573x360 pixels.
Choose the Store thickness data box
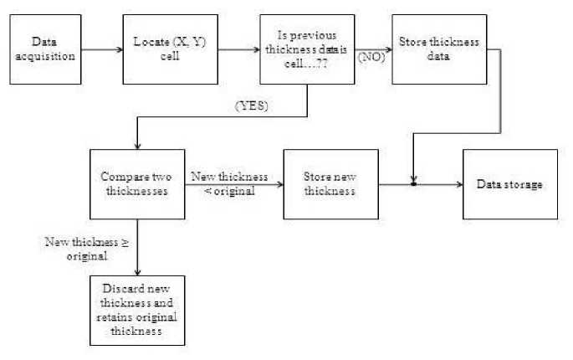point(427,48)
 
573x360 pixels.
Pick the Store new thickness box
point(330,184)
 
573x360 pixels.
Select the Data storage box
point(509,184)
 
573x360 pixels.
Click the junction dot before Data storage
point(413,184)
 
